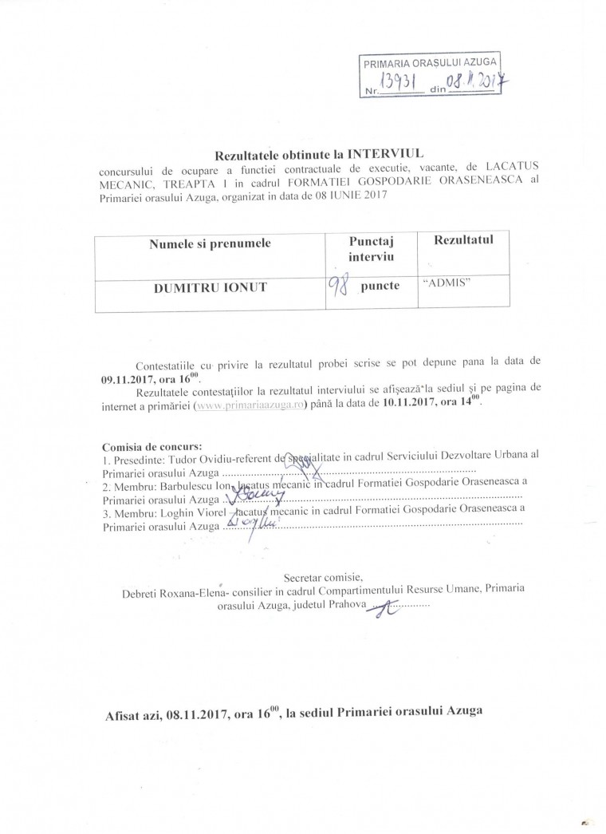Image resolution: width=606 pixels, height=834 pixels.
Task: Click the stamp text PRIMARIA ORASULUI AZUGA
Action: coord(431,62)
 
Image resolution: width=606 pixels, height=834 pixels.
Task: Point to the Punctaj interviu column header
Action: coord(372,248)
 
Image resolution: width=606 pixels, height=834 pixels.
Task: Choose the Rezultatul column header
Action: coord(464,240)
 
